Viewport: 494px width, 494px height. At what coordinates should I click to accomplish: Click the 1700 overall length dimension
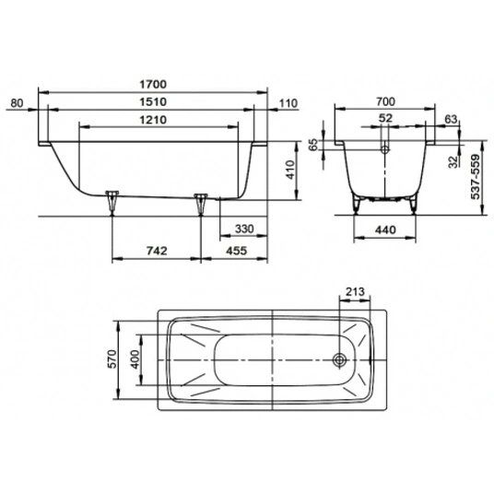tap(153, 85)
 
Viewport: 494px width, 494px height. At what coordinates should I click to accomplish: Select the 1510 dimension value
tap(153, 102)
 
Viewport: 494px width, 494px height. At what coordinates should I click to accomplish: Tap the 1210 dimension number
tap(153, 120)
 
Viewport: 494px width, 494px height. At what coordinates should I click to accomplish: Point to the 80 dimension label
tap(17, 103)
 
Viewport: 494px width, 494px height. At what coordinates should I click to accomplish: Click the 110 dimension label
tap(288, 103)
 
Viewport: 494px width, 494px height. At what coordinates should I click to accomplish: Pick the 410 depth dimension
tap(289, 170)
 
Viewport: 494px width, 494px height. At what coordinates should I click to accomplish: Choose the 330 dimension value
tap(244, 229)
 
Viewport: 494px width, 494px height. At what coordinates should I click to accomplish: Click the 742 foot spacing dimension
tap(157, 251)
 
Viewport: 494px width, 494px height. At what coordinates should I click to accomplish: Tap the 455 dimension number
tap(237, 251)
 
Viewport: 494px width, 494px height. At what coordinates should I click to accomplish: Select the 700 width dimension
tap(385, 101)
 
